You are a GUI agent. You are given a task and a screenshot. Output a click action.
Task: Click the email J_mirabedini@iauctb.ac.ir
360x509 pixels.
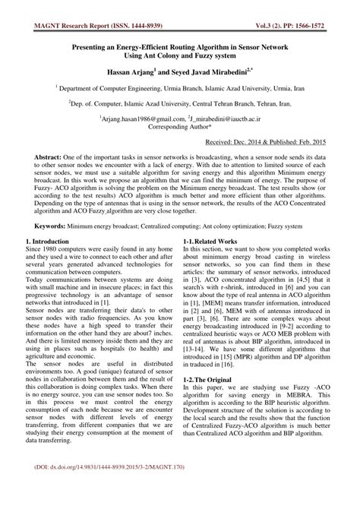(225, 119)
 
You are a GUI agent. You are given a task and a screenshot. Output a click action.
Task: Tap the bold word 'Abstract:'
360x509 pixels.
(51, 156)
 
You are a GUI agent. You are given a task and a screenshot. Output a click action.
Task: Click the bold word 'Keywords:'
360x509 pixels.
(52, 226)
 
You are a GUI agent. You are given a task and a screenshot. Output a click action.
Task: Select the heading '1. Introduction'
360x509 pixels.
(50, 241)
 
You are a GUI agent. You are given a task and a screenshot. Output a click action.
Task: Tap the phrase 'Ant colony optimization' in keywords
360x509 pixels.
(248, 226)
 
